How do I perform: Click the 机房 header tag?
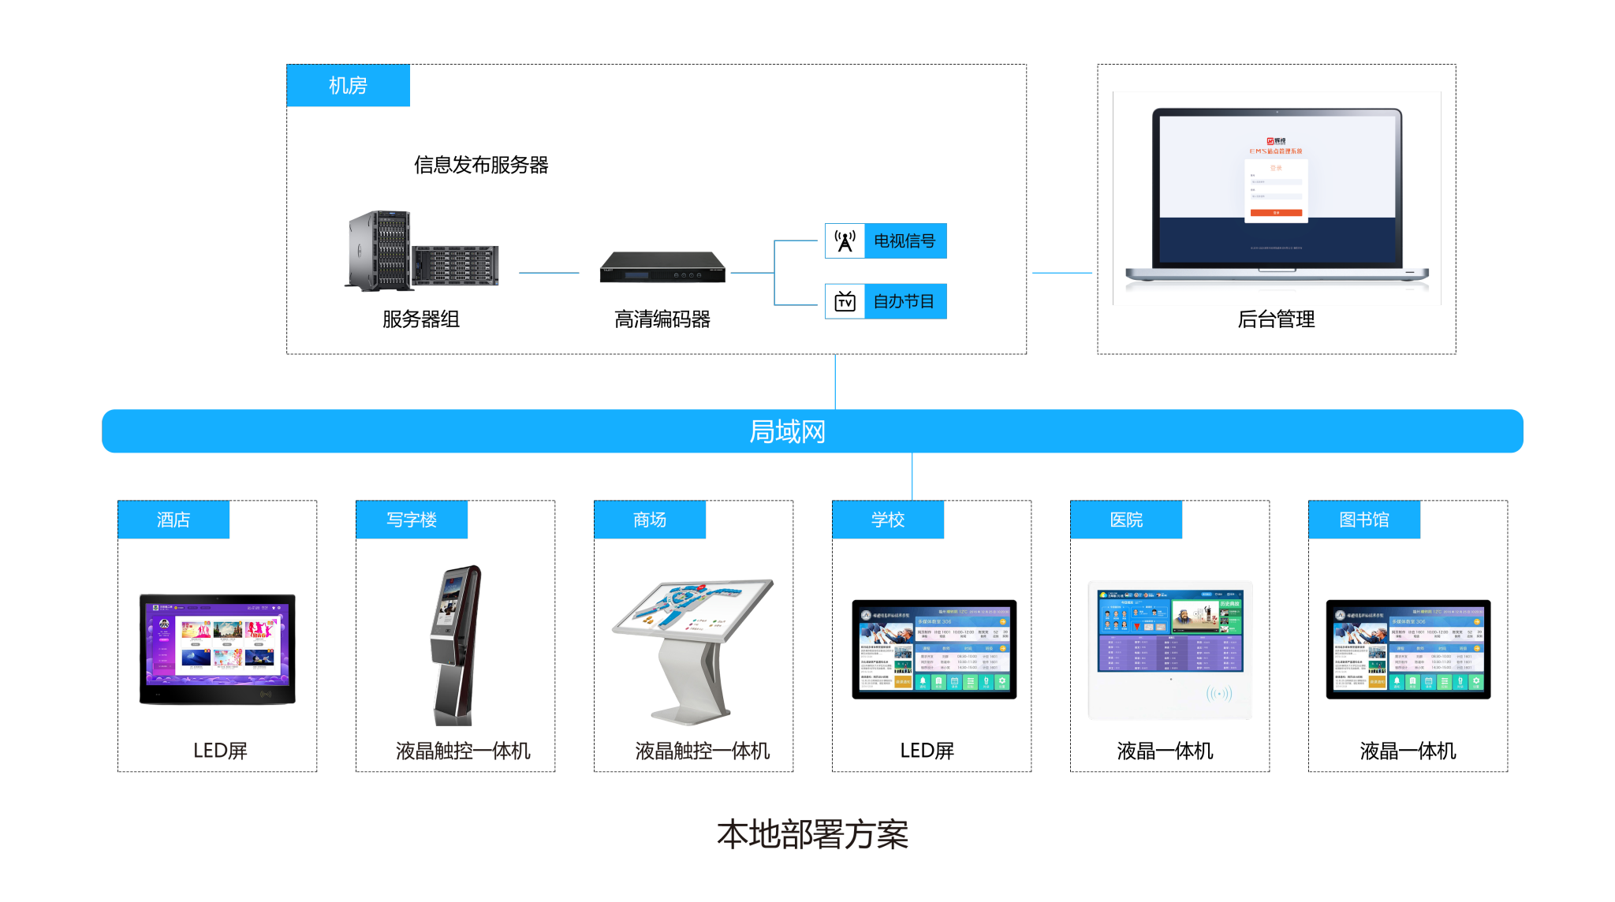coord(348,85)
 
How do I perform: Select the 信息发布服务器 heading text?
coord(481,165)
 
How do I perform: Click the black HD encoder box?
coord(662,267)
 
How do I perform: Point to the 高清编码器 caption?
coord(662,319)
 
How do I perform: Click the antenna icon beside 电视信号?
coord(845,241)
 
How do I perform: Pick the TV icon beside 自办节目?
coord(845,302)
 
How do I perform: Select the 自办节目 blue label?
coord(904,302)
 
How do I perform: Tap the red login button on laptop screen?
coord(1276,213)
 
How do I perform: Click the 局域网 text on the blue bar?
coord(787,431)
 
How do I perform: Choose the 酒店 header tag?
coord(173,520)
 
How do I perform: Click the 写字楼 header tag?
coord(412,520)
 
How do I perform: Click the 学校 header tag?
coord(888,520)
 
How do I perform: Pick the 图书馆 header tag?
coord(1364,520)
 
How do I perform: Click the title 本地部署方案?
coord(812,834)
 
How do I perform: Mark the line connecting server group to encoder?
coord(549,273)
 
